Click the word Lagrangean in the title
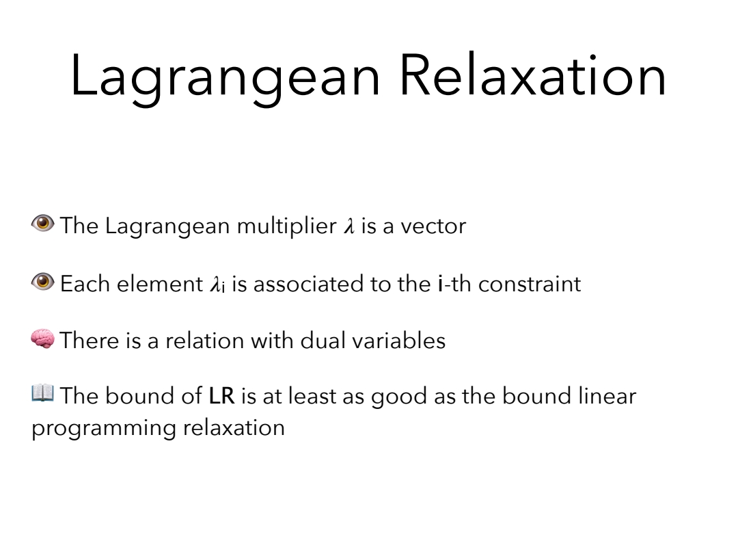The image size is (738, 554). [225, 78]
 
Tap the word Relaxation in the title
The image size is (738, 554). [533, 75]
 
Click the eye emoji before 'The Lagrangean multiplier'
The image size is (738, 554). [43, 223]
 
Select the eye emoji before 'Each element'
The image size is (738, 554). [43, 282]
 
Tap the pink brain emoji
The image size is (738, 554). [43, 339]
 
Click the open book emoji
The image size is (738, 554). [43, 393]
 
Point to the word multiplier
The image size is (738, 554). [286, 226]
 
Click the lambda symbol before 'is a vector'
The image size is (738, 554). [349, 226]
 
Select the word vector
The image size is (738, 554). [433, 226]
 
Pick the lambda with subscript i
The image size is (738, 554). [217, 285]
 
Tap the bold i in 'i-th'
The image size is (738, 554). [440, 284]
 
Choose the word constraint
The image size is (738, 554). [530, 285]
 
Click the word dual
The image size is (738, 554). [323, 340]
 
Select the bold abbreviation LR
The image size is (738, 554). [221, 396]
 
